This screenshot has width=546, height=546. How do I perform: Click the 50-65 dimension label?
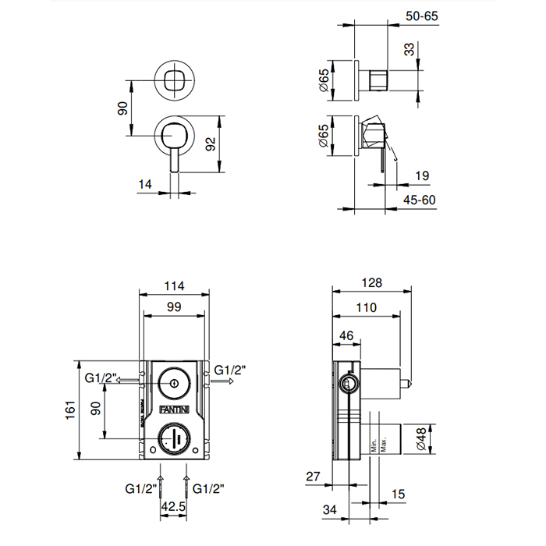point(421,15)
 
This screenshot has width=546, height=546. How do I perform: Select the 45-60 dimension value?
point(420,200)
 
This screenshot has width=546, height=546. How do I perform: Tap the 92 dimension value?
point(210,144)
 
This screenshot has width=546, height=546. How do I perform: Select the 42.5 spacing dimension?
point(174,506)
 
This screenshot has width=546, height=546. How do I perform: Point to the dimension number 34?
point(330,510)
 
